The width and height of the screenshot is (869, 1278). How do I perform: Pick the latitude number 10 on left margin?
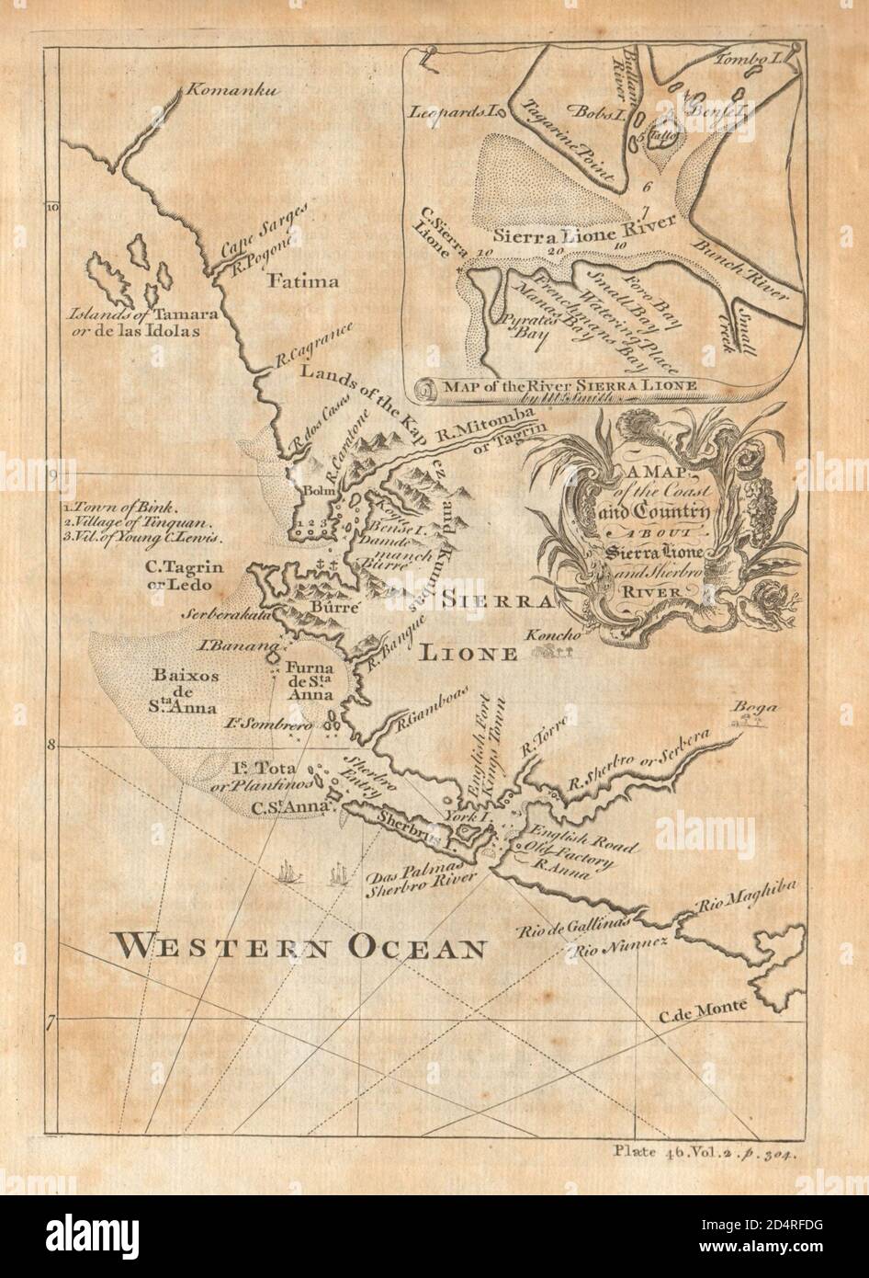[52, 208]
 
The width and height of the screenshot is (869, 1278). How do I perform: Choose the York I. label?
[461, 816]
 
